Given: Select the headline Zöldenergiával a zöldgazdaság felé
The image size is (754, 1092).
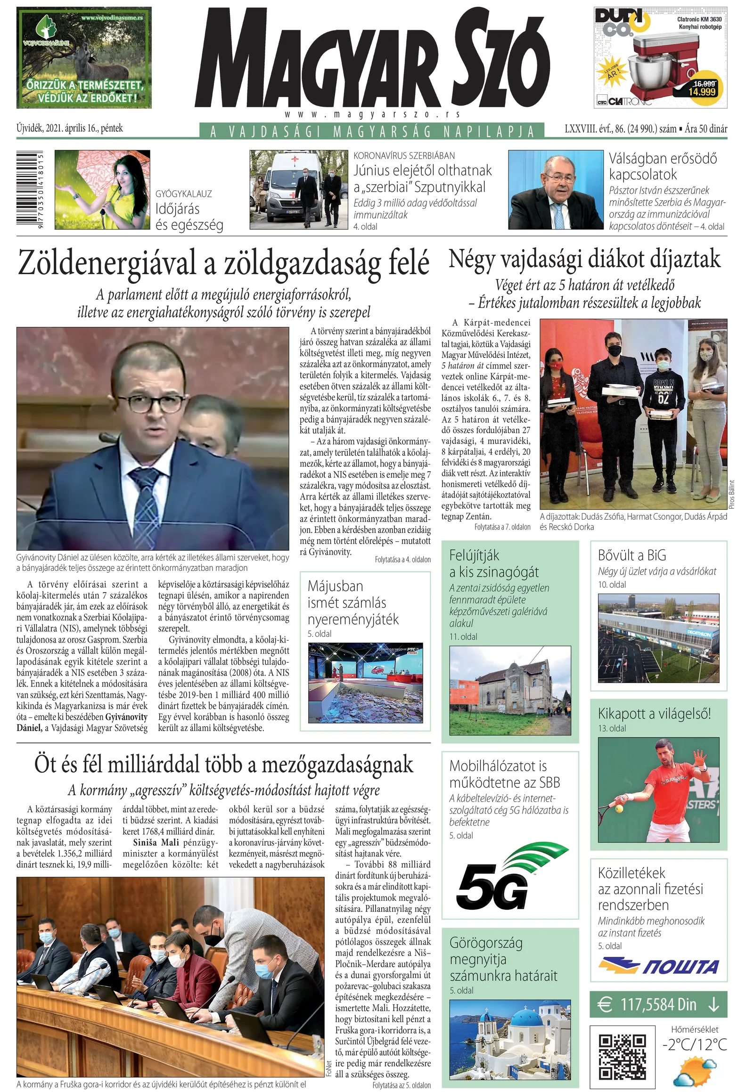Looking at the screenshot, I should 223,262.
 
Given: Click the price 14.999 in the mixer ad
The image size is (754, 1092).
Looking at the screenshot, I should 702,92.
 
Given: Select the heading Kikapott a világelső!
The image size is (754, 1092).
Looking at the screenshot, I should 654,713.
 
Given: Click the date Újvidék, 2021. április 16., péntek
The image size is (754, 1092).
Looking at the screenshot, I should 70,128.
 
